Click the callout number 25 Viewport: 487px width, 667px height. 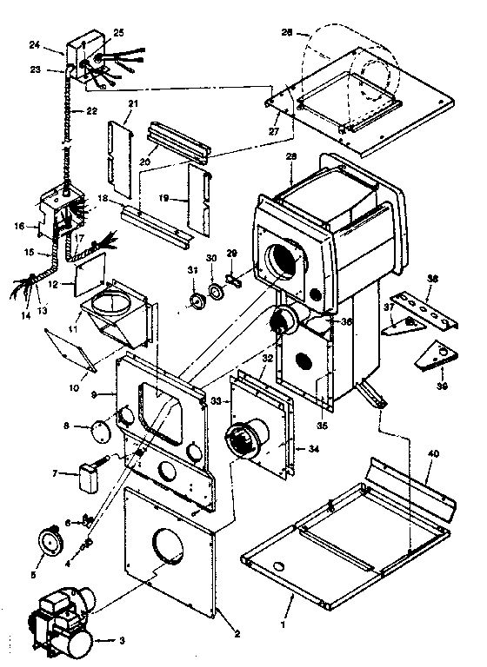pos(119,32)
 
